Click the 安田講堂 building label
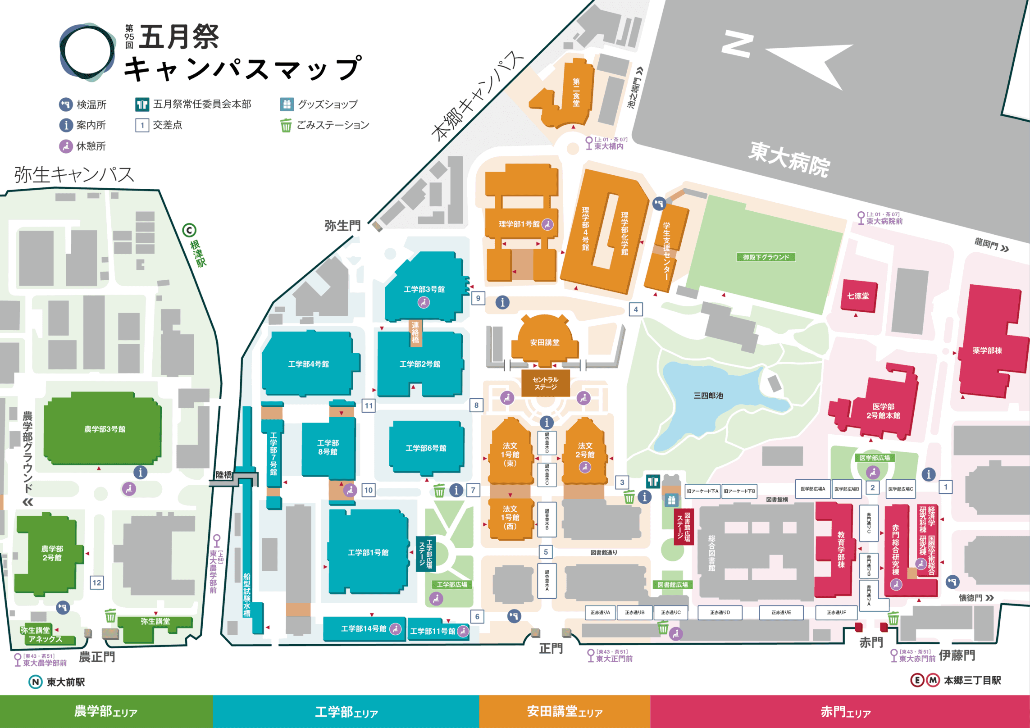tap(544, 342)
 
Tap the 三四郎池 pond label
tap(708, 396)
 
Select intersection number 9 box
tap(478, 298)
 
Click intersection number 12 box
tap(97, 582)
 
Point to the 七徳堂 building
tap(858, 296)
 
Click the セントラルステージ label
tap(545, 383)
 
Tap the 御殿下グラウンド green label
tap(766, 257)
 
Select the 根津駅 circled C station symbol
tap(189, 231)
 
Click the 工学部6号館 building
tap(426, 448)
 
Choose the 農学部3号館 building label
tap(105, 429)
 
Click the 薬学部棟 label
tap(987, 350)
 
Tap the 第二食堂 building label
tap(576, 92)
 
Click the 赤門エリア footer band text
tap(845, 712)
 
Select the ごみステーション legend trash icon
tap(286, 125)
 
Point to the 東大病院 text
tap(788, 159)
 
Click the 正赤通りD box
tap(720, 613)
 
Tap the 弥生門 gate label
tap(342, 225)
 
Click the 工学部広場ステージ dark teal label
tap(425, 554)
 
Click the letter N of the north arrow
tap(738, 44)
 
